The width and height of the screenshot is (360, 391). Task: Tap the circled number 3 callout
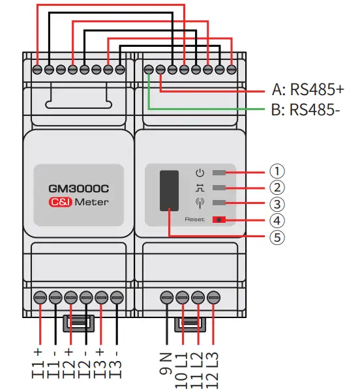[278, 203]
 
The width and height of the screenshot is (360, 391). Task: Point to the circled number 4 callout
[278, 219]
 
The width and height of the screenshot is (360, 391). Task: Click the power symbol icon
[200, 173]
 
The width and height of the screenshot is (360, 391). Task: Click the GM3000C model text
[78, 188]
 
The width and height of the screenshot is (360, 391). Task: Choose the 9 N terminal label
[168, 365]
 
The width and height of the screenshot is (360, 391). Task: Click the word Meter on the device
[91, 202]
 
